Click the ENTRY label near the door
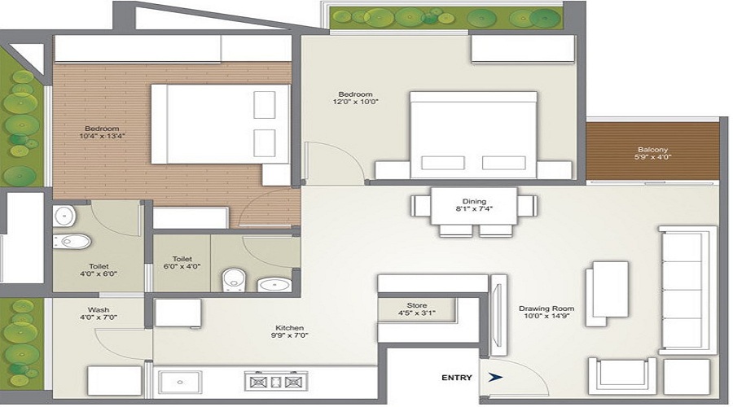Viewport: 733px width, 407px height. tap(457, 378)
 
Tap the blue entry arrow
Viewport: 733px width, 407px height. tap(494, 378)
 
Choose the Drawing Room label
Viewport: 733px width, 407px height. tap(546, 309)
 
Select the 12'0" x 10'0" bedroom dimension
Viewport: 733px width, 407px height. tap(354, 102)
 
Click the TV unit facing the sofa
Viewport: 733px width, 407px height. tap(498, 314)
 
